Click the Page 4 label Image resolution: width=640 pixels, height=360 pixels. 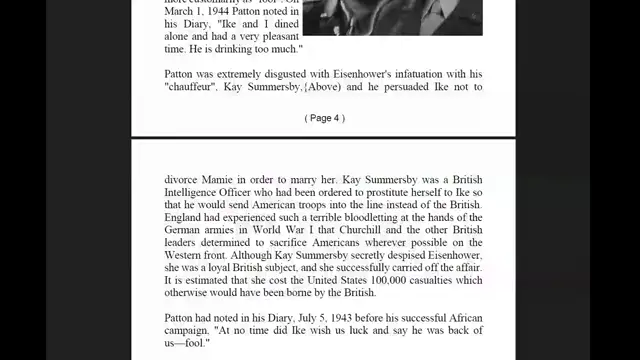point(324,118)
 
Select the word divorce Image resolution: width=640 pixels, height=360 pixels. point(183,179)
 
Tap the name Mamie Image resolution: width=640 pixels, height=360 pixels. point(227,179)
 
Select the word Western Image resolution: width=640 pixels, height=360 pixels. point(188,257)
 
